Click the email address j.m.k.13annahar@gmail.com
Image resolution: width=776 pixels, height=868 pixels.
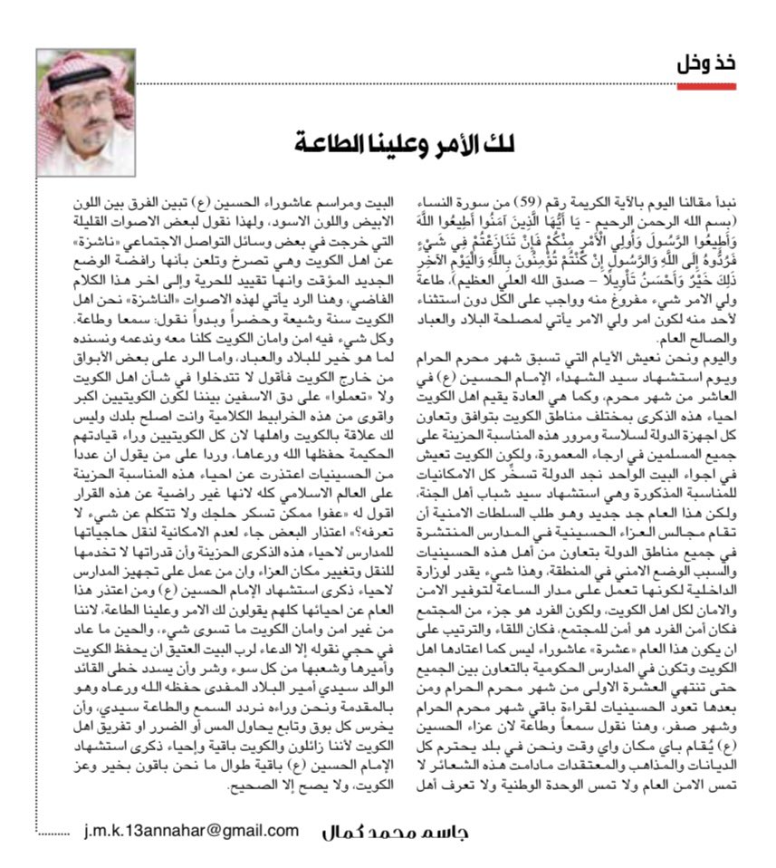click(190, 830)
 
